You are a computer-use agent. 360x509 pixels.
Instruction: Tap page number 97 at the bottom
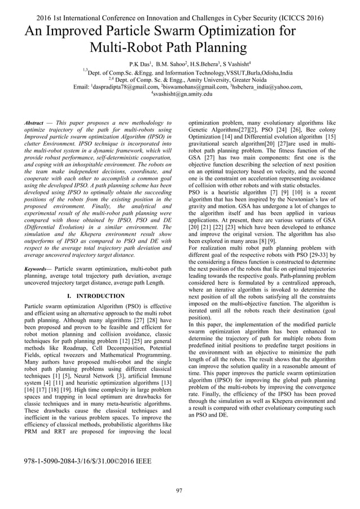coord(179,490)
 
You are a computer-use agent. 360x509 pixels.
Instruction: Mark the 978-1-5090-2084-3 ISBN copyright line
coord(87,462)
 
